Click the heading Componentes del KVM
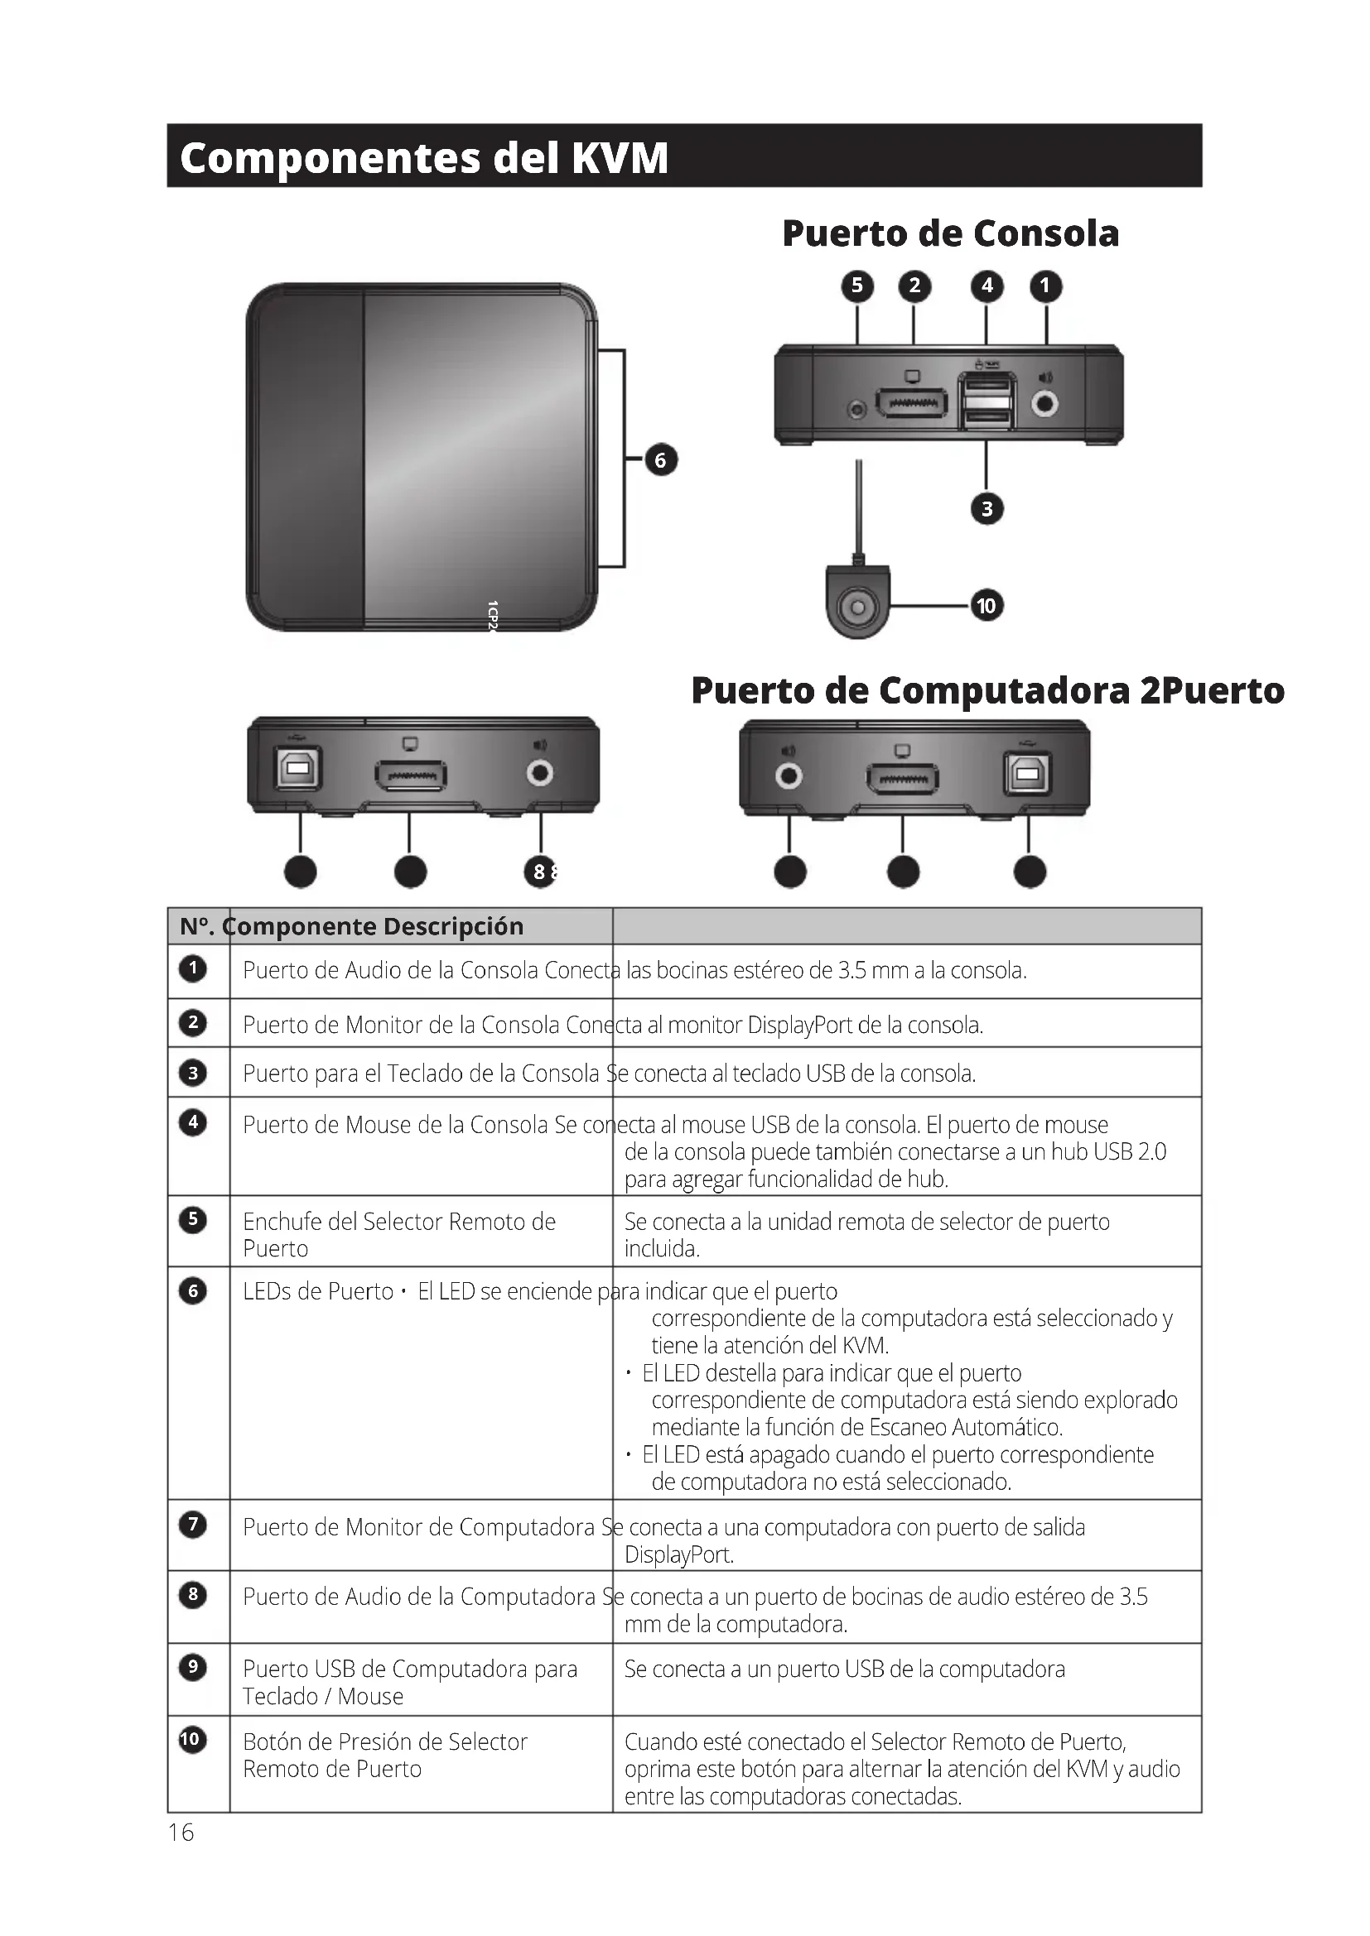point(424,158)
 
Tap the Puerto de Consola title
point(950,233)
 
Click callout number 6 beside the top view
point(660,460)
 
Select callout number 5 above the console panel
point(857,286)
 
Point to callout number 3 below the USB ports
point(987,509)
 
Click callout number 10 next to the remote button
point(986,605)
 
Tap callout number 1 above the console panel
point(1046,286)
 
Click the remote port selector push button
point(858,606)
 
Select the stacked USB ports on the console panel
point(986,402)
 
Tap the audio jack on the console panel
point(1046,404)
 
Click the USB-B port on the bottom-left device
point(298,769)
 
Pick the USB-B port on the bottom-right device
point(1026,773)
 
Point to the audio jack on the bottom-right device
point(789,775)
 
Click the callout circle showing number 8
point(540,872)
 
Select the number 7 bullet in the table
point(193,1525)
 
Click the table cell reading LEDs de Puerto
point(318,1292)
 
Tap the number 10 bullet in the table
point(192,1740)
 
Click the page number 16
point(181,1833)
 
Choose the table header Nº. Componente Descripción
point(352,927)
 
